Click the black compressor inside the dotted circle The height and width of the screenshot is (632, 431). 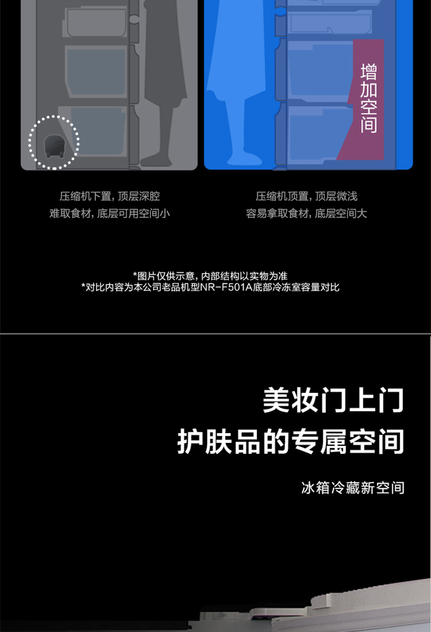[55, 146]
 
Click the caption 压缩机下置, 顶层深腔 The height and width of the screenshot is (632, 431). [110, 196]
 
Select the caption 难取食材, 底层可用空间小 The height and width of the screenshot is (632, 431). [110, 213]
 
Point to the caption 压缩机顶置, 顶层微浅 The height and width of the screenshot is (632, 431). [306, 196]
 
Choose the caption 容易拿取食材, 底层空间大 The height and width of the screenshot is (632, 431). [306, 213]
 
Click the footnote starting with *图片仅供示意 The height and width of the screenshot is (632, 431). [210, 276]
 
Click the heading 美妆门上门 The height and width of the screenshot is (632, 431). [333, 400]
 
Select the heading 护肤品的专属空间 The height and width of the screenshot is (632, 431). [291, 442]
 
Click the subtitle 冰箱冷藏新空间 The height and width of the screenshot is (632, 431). [352, 488]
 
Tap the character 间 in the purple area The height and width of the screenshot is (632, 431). [368, 125]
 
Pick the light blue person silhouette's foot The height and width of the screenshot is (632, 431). [242, 158]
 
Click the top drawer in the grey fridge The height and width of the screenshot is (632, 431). [96, 23]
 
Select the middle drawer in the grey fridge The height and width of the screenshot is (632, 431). [96, 71]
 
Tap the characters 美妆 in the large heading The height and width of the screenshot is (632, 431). [291, 400]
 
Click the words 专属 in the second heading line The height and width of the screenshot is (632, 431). [318, 442]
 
